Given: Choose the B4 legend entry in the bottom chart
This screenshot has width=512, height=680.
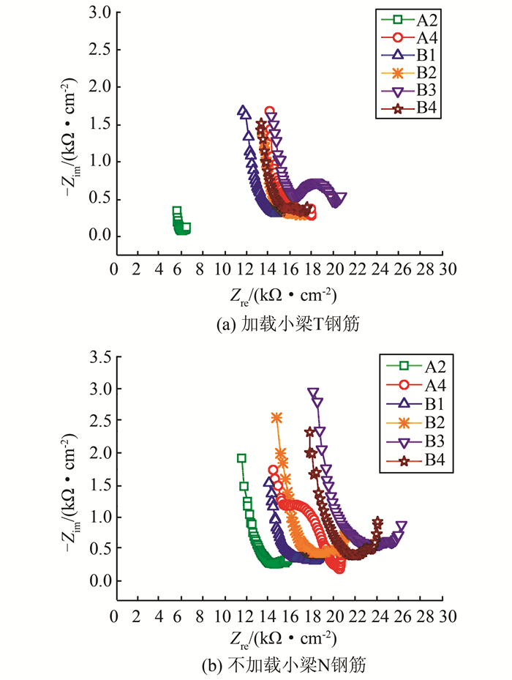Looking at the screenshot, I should pyautogui.click(x=415, y=460).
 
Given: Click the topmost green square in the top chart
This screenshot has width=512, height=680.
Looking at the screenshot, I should pyautogui.click(x=176, y=211).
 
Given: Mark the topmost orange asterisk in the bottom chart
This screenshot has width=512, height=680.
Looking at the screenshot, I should pyautogui.click(x=276, y=417).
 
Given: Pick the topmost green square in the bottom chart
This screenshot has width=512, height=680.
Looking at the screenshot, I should pyautogui.click(x=241, y=458).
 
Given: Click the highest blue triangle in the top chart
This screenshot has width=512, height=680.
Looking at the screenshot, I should pyautogui.click(x=243, y=111).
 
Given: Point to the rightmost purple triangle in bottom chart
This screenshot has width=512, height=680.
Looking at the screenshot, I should pyautogui.click(x=402, y=526).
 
